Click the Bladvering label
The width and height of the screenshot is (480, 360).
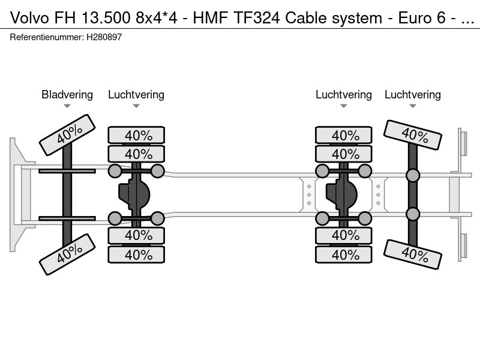tap(67, 94)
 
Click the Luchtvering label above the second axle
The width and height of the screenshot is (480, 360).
tap(136, 94)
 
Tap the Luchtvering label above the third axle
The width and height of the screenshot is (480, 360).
tap(344, 94)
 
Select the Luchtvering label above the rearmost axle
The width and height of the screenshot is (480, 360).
tap(413, 94)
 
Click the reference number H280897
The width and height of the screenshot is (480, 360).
tap(104, 37)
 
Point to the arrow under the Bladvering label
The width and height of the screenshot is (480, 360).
tap(67, 106)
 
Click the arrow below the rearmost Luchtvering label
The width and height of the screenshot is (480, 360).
tap(413, 106)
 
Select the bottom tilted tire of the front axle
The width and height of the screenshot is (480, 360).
tap(67, 254)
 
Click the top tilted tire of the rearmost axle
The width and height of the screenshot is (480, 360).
tap(413, 135)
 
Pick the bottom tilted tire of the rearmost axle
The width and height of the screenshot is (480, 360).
tap(413, 254)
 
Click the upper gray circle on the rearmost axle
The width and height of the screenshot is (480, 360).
tap(413, 175)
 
